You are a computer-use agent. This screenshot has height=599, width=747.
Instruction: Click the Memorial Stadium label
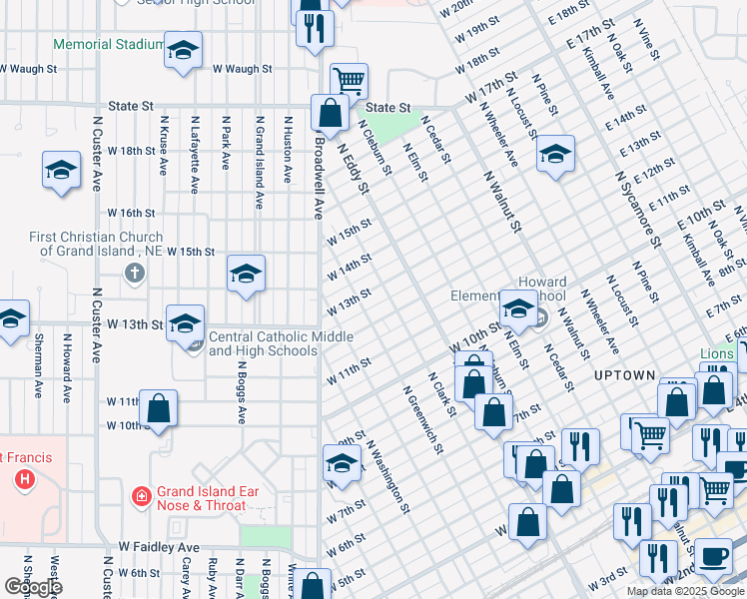pos(108,44)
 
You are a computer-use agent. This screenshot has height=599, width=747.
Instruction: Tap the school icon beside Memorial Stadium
pos(183,52)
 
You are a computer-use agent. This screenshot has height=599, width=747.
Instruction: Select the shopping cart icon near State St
pos(349,81)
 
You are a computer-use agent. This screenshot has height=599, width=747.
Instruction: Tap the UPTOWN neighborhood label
pos(624,375)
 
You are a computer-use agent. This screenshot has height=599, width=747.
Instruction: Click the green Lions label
pos(716,353)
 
